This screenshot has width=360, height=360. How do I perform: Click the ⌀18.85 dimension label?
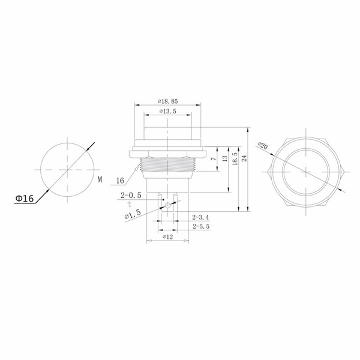(x=167, y=101)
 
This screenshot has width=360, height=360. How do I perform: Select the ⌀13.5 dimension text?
(x=168, y=112)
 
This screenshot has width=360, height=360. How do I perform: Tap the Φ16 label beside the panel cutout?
(x=25, y=198)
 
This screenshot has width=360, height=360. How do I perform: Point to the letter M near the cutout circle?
(x=100, y=179)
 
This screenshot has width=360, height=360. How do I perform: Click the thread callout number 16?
(x=120, y=181)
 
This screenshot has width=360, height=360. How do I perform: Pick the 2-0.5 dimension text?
(x=131, y=196)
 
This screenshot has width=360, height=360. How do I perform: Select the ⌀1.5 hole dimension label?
(x=133, y=214)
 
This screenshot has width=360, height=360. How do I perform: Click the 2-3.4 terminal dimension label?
(x=200, y=217)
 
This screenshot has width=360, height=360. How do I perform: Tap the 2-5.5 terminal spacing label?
(x=201, y=226)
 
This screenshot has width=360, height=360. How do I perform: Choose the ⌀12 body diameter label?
(x=168, y=237)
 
